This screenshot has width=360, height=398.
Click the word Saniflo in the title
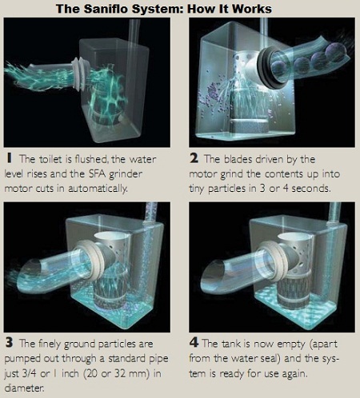pos(106,9)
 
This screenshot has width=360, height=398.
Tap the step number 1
pos(10,158)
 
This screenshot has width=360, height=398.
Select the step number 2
pos(194,158)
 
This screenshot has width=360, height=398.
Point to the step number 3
pos(9,343)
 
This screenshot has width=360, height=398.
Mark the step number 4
pos(194,343)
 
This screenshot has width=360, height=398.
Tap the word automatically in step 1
pos(98,189)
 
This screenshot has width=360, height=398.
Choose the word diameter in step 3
pos(24,388)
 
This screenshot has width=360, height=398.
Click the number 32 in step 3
pos(120,373)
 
